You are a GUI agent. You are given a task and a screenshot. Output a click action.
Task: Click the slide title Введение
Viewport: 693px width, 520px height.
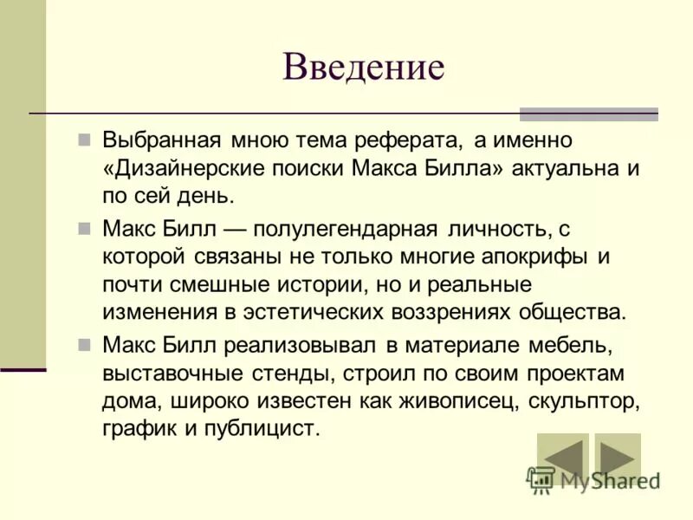(x=363, y=67)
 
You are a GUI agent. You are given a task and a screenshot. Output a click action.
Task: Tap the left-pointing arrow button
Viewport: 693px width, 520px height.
(x=562, y=458)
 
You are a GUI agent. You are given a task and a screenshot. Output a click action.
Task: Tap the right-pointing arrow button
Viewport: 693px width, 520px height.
(x=616, y=458)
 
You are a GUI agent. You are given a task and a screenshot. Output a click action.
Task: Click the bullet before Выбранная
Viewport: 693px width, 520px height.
(x=84, y=140)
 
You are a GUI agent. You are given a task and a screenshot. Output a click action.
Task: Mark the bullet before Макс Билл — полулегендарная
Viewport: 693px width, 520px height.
(x=84, y=228)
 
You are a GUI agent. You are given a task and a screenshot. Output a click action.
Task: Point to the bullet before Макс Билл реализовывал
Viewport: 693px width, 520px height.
(x=84, y=344)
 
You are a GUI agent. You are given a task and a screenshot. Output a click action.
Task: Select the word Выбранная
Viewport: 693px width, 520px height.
(x=163, y=140)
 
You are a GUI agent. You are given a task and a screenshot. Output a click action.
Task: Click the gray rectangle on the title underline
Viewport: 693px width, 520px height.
(x=588, y=114)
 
